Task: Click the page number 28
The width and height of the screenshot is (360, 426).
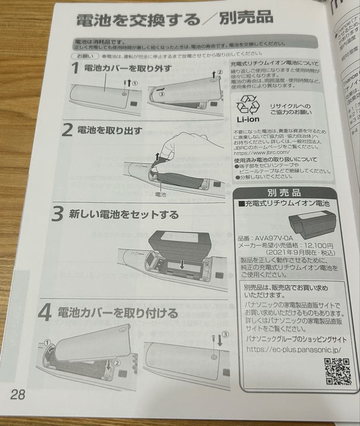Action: pyautogui.click(x=18, y=394)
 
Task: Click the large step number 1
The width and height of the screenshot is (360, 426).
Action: pyautogui.click(x=75, y=69)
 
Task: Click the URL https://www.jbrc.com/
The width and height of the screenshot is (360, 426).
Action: pyautogui.click(x=262, y=153)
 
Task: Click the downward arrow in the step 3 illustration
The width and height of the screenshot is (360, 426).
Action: pyautogui.click(x=182, y=264)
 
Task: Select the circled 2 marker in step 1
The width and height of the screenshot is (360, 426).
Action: pyautogui.click(x=220, y=73)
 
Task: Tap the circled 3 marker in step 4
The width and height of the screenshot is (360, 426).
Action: pyautogui.click(x=225, y=334)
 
